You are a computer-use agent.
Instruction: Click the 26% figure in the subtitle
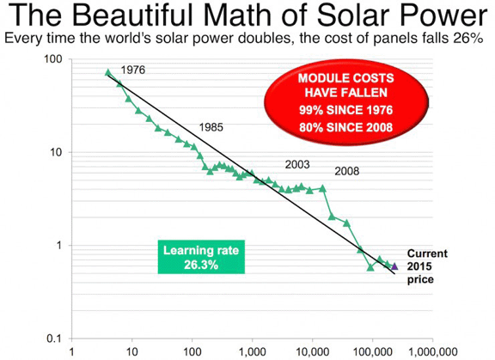[467, 40]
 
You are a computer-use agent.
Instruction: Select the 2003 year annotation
[297, 163]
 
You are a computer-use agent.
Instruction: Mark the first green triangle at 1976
[107, 73]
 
